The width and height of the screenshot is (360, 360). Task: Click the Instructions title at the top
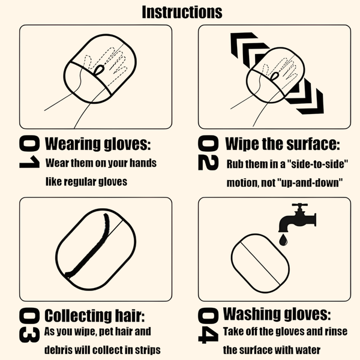tap(181, 11)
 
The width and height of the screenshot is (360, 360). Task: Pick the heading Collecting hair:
tap(95, 316)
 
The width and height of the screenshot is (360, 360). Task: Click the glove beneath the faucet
tap(260, 263)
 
